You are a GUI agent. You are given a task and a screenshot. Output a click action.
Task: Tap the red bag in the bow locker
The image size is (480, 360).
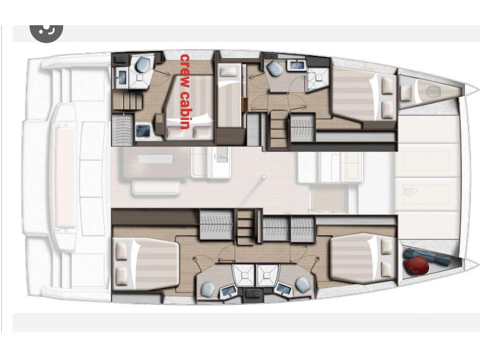tap(416, 265)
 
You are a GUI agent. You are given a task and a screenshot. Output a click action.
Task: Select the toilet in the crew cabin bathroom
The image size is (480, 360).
tap(143, 64)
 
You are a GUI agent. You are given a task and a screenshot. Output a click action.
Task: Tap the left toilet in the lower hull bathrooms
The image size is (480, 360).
tap(208, 289)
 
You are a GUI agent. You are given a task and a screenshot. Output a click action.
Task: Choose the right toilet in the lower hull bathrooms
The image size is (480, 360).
tap(303, 284)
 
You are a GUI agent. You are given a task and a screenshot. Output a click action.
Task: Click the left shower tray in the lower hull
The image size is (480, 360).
tap(244, 275)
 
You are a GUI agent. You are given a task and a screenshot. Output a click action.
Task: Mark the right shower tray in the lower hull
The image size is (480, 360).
tap(268, 275)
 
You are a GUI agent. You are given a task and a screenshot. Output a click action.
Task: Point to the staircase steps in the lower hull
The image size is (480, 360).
tap(246, 227)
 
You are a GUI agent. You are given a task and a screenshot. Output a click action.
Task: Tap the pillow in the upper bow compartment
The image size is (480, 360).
tap(406, 92)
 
